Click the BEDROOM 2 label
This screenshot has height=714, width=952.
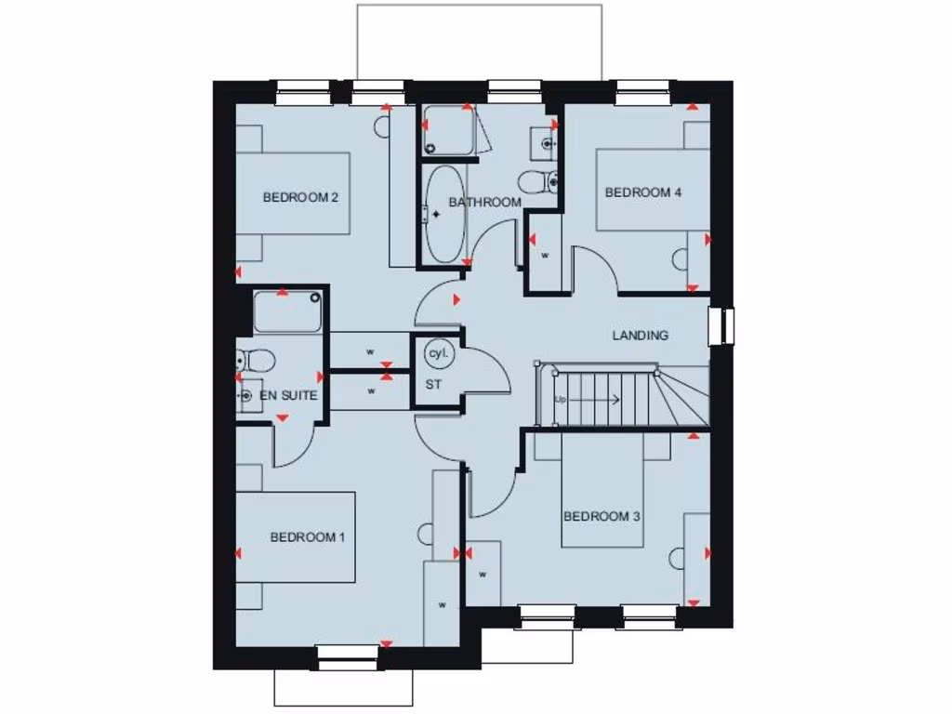[299, 197]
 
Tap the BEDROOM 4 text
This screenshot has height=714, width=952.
[643, 192]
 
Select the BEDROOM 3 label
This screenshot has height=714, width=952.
[602, 516]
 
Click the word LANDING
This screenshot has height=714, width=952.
[640, 336]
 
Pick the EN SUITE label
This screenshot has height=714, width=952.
[288, 396]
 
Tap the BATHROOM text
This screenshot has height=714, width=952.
[484, 202]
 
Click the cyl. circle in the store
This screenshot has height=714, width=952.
[437, 354]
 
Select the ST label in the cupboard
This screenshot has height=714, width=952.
[433, 383]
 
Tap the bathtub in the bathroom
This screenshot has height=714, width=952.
[445, 215]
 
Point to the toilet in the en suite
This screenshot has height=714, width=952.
[253, 359]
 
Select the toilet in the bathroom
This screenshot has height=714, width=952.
[537, 180]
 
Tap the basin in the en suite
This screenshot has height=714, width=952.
[245, 397]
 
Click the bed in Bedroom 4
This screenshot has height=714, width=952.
[651, 190]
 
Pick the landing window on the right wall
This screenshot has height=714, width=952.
[721, 325]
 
